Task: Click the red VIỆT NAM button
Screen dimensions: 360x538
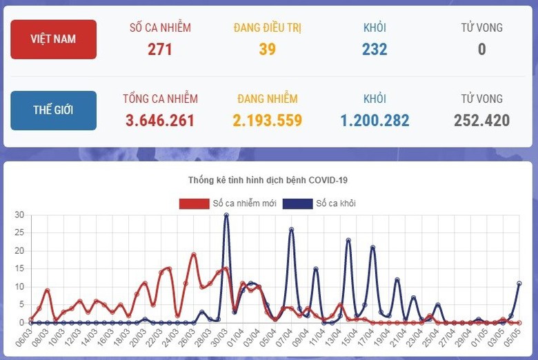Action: point(53,39)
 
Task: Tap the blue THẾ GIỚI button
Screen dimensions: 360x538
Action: point(53,110)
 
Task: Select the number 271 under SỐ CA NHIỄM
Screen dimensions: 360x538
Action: point(160,49)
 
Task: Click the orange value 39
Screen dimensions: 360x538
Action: point(268,49)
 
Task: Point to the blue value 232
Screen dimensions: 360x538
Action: point(375,49)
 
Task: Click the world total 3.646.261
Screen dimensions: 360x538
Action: point(160,121)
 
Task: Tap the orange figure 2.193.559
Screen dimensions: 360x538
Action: point(268,121)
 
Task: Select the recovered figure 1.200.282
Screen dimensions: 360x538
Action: point(375,121)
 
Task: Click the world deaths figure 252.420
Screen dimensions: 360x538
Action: point(481,121)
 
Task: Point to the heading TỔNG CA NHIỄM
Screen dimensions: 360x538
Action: point(160,99)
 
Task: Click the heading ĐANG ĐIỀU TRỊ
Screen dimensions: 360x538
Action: point(268,28)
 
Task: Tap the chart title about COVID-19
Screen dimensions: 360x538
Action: point(268,180)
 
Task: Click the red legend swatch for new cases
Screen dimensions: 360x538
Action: point(194,203)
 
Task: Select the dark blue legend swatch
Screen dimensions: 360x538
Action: point(297,203)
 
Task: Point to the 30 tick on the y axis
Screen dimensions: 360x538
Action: point(19,215)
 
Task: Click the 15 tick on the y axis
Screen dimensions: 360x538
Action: point(19,269)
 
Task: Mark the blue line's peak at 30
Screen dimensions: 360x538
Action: point(226,215)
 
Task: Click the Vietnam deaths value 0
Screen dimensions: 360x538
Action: point(481,49)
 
